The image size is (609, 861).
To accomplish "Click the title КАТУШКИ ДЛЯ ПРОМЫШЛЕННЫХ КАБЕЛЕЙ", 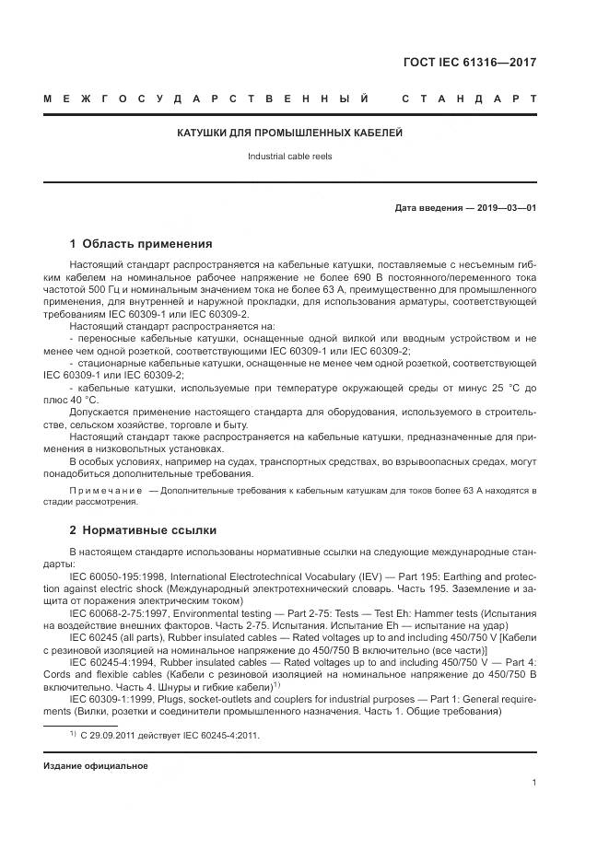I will coord(290,133).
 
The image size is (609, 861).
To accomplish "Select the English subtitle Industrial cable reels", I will coord(289,157).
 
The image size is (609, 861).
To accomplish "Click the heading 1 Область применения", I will coord(141,244).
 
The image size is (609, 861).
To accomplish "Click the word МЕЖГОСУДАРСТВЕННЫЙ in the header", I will coord(206,99).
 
